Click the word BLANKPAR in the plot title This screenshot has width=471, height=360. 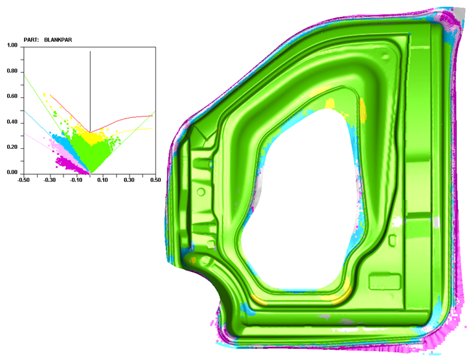(58, 39)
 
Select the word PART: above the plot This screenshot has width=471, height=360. (31, 39)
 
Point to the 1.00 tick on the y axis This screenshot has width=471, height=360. (12, 45)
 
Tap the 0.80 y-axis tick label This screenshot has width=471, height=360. (12, 71)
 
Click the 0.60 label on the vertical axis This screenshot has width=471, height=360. (12, 96)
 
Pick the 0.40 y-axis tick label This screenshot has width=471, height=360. (12, 122)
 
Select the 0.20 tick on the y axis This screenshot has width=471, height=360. (12, 148)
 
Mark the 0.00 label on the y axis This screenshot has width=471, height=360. (12, 172)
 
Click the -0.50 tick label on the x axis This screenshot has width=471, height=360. (23, 180)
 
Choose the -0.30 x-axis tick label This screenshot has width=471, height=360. (50, 180)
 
